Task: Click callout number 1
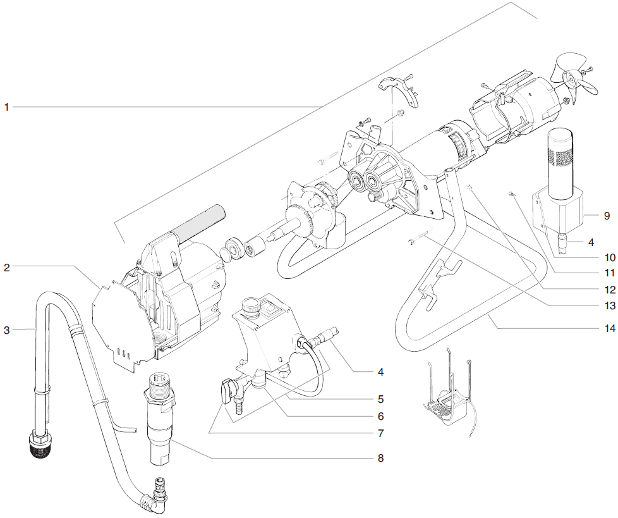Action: click(x=7, y=108)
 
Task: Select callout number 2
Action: click(x=7, y=268)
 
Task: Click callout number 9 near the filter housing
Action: click(x=606, y=216)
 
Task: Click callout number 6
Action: click(x=380, y=417)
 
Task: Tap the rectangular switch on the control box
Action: click(x=271, y=311)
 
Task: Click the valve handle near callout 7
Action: click(x=226, y=393)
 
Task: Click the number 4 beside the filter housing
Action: click(x=590, y=242)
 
